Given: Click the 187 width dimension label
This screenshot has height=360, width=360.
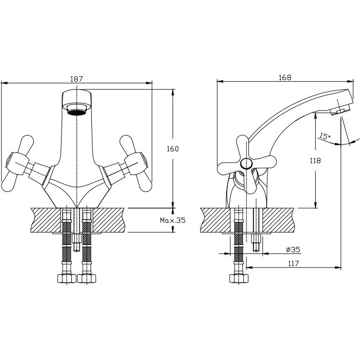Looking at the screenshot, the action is point(76,79).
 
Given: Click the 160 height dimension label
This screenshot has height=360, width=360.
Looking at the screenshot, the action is point(172,149).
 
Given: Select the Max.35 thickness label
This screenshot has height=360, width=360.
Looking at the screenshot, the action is point(173,221).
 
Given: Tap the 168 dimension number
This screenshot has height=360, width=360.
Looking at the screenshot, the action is point(285,78).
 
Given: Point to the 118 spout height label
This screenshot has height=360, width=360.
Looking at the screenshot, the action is point(315,161).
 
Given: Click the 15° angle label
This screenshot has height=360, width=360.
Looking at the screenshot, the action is point(325,136).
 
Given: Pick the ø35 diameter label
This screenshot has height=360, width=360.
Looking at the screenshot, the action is point(293,249).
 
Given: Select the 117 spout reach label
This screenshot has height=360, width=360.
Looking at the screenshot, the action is point(293,263).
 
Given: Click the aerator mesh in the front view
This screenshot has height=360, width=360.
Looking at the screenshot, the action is point(77,112).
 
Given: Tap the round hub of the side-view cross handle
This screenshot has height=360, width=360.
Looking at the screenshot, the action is point(246,164).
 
